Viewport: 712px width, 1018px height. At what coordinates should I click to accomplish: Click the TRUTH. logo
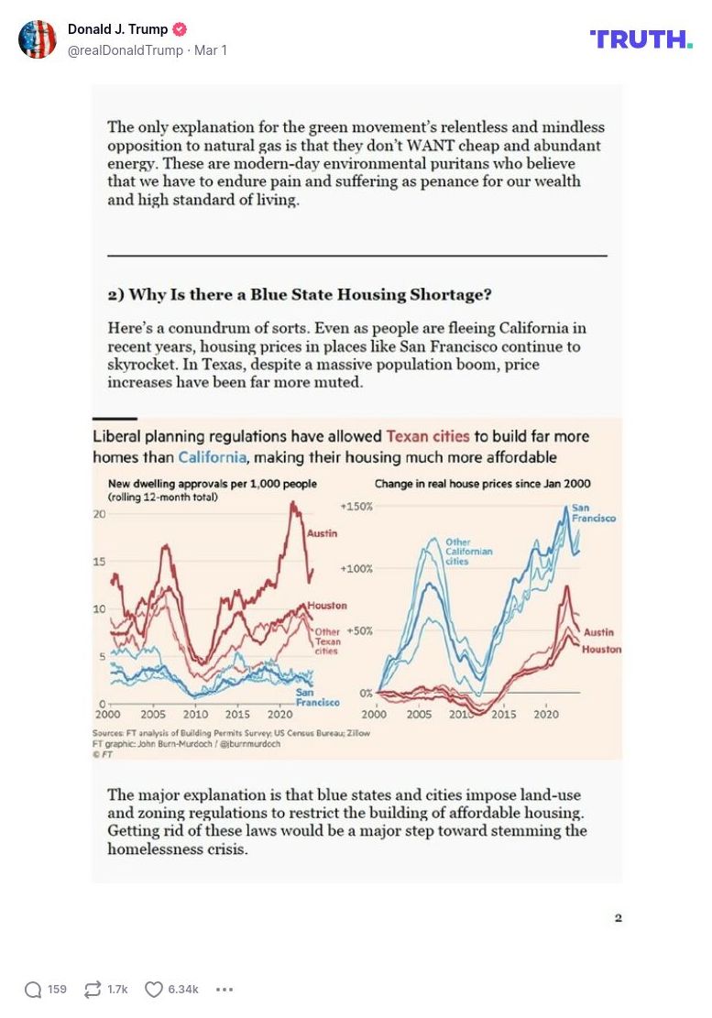point(641,38)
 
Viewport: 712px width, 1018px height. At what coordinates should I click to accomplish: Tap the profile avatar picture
point(38,38)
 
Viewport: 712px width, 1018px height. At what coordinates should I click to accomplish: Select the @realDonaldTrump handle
point(126,50)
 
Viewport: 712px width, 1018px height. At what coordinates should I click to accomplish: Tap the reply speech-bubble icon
point(33,990)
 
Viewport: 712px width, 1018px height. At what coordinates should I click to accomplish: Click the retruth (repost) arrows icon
point(93,990)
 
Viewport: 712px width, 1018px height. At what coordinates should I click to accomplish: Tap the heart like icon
point(154,990)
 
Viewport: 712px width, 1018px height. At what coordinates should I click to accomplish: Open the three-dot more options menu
point(225,990)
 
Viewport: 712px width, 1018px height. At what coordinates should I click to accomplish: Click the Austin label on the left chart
point(322,533)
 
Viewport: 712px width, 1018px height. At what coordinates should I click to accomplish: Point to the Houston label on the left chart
point(327,606)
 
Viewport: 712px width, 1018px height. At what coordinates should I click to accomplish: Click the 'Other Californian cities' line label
point(469,552)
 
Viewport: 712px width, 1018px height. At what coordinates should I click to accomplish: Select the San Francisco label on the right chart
point(593,513)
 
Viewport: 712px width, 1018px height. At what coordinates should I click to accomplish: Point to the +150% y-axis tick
point(356,507)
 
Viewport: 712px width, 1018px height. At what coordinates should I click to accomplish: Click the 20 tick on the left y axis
point(100,514)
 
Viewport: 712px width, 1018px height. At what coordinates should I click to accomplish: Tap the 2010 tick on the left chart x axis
point(194,714)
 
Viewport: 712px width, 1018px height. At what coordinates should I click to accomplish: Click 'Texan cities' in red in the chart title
point(428,436)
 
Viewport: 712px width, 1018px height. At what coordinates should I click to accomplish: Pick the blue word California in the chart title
point(214,456)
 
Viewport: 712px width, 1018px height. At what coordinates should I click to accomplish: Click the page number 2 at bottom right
point(619,918)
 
